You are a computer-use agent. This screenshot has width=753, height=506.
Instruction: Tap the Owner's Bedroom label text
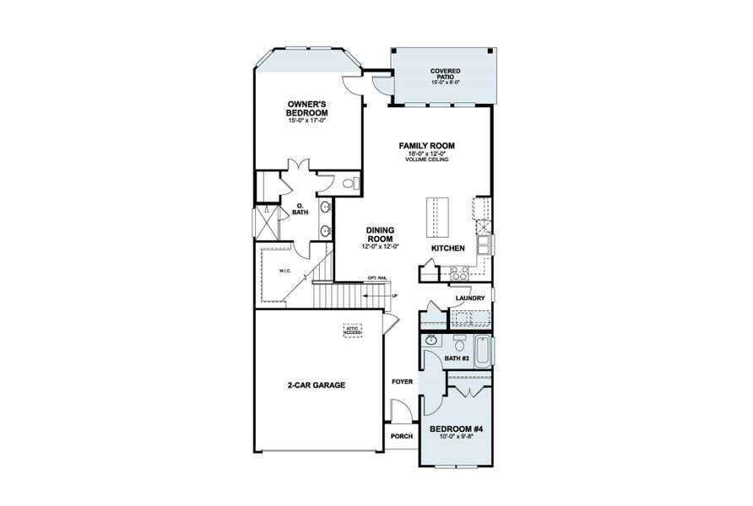coord(306,109)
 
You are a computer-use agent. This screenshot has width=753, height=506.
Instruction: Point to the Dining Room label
coord(382,234)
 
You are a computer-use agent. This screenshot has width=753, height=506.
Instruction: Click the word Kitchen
coord(448,250)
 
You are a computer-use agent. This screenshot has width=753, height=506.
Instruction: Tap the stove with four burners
coord(460,272)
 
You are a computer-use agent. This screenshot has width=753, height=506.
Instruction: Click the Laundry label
coord(469,299)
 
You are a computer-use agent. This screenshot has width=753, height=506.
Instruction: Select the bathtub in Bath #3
coord(482,351)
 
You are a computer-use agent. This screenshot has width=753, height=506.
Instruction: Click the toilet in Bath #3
coord(459,342)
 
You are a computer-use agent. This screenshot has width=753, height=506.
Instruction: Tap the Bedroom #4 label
coord(456,428)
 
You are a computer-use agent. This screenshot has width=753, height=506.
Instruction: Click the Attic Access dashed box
coord(351,331)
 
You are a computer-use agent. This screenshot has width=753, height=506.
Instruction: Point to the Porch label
coord(401,436)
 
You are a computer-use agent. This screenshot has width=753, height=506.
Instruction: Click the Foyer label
coord(402,382)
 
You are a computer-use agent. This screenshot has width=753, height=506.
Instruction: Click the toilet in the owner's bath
coord(352,183)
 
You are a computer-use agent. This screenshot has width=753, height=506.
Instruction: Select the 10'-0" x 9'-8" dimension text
coord(456,437)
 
